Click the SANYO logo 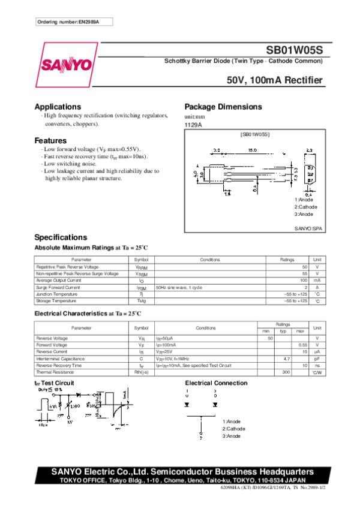[x=66, y=64]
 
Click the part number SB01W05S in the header [x=295, y=52]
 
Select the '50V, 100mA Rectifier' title [x=275, y=80]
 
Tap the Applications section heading [x=58, y=107]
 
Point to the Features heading [x=50, y=140]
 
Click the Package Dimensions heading [x=223, y=107]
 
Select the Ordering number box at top [x=74, y=22]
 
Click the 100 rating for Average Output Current [x=304, y=280]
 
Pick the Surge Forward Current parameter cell [x=58, y=287]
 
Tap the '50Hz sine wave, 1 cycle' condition [x=179, y=287]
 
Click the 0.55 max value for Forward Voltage [x=303, y=345]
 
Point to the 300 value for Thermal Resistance [x=286, y=372]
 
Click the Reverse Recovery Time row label [x=59, y=365]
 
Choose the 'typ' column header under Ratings [x=283, y=331]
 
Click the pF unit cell [x=317, y=358]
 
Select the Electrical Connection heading [x=216, y=383]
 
